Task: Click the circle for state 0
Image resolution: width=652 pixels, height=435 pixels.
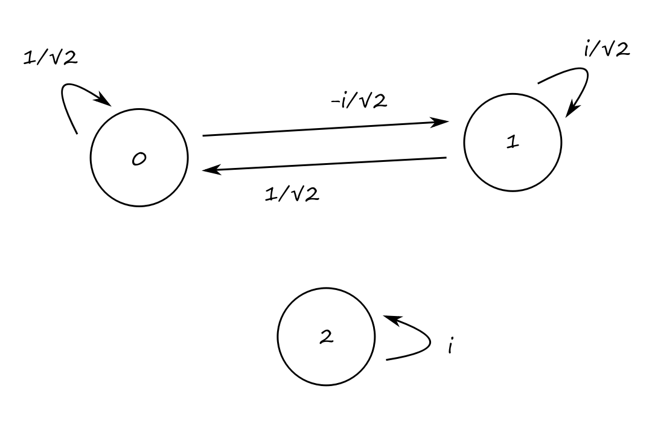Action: pyautogui.click(x=139, y=158)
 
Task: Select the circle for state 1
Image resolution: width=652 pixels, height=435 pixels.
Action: pyautogui.click(x=513, y=143)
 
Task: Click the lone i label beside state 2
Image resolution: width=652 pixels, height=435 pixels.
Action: pyautogui.click(x=450, y=347)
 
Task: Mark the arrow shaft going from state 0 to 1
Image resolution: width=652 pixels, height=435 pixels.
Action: pyautogui.click(x=320, y=129)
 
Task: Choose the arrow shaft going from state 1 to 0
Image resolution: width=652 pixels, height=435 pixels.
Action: pyautogui.click(x=326, y=164)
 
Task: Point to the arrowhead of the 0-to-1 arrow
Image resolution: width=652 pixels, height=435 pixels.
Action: pyautogui.click(x=443, y=122)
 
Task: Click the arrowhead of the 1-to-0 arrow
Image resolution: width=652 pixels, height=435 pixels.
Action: pyautogui.click(x=208, y=171)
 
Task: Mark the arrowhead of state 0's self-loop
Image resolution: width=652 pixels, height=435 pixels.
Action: pyautogui.click(x=106, y=101)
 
